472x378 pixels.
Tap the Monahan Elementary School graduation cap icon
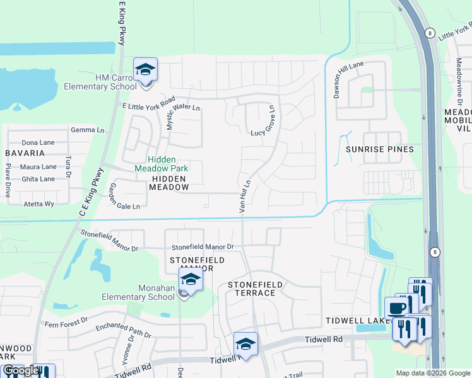[x=190, y=280]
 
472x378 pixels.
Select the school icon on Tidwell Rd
[x=245, y=345]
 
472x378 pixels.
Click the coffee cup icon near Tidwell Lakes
[x=396, y=309]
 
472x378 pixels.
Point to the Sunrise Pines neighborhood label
[x=380, y=149]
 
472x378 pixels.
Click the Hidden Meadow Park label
[x=162, y=164]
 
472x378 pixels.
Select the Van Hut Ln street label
[x=245, y=195]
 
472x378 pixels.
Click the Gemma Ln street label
[x=87, y=130]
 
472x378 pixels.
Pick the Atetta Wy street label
[x=38, y=204]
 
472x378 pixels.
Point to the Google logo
[x=20, y=370]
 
